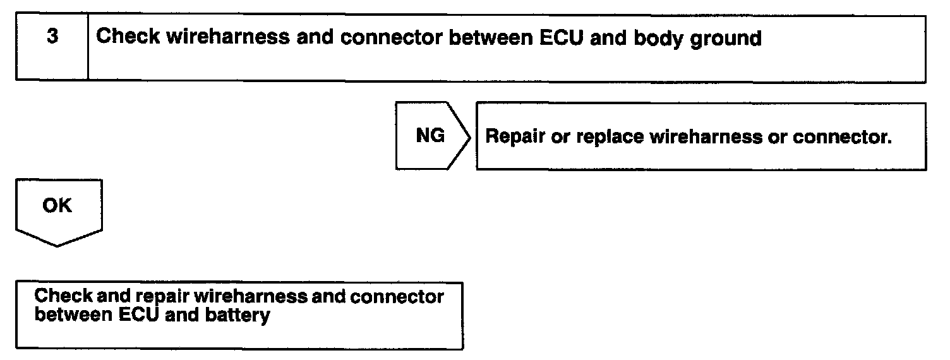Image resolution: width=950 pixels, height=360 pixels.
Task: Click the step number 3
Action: click(52, 37)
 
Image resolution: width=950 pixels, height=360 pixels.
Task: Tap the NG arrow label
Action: click(430, 136)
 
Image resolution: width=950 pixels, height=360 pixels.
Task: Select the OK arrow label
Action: click(57, 206)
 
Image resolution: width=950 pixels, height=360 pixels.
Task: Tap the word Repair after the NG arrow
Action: click(515, 138)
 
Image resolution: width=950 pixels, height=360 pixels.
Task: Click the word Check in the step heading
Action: click(126, 37)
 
